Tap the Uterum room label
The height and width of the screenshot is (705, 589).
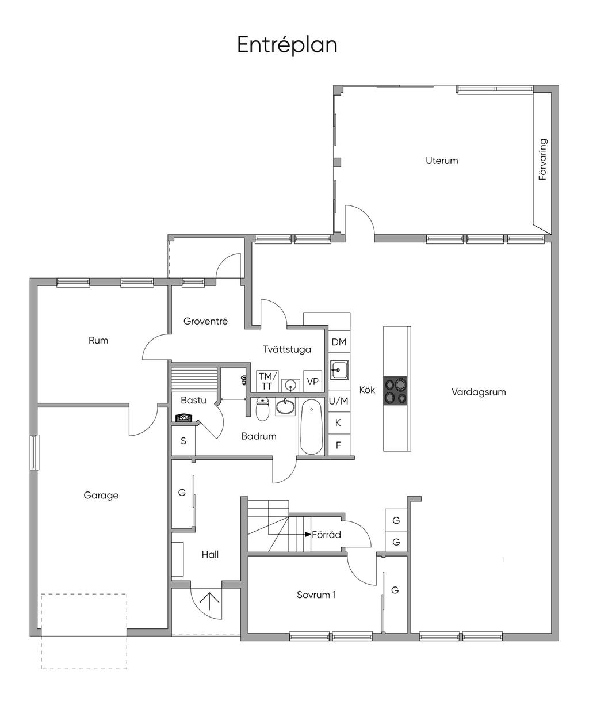442,161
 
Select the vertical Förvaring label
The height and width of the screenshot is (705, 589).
542,159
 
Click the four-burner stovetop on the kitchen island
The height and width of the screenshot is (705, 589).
395,391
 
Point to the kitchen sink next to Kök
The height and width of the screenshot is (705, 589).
339,369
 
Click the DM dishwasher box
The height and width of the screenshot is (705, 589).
339,342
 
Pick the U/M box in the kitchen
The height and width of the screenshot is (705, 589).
339,401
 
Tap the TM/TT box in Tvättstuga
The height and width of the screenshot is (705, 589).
267,381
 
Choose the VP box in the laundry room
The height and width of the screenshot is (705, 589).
312,381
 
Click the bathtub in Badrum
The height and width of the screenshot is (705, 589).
311,427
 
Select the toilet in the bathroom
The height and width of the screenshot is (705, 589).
262,409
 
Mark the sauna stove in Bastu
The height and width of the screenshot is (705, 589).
184,418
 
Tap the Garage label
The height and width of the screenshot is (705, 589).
101,496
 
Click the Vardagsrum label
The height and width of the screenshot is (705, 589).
479,392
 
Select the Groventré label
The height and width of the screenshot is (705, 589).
205,321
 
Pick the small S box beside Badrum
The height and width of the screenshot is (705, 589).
183,441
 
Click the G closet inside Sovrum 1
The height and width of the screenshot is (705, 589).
395,590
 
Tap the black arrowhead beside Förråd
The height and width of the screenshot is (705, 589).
308,535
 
